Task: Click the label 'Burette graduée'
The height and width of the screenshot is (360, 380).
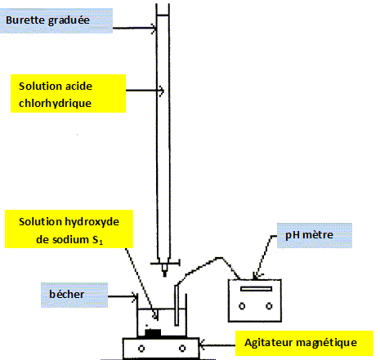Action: coord(47,20)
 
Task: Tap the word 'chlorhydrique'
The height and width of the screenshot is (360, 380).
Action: coord(55,104)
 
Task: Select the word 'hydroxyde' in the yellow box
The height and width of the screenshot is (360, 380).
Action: coord(92,222)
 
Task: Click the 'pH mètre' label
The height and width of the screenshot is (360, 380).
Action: coord(309,235)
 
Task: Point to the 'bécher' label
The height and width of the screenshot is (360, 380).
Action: coord(66,294)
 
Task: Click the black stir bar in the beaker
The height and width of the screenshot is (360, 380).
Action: coord(153,333)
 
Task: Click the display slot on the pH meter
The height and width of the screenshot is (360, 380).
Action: coord(256,289)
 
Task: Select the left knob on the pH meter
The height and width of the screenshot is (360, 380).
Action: coord(242,306)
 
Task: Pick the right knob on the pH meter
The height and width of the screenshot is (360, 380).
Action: coord(269,306)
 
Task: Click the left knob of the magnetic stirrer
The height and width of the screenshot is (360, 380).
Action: coord(141,349)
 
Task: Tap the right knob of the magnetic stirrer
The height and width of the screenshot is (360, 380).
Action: coord(182,349)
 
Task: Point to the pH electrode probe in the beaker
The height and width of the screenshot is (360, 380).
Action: coord(177,304)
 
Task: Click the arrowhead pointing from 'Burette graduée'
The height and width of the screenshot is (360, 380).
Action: coord(154,28)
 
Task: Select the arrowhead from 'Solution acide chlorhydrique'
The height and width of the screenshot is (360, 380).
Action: coord(161,91)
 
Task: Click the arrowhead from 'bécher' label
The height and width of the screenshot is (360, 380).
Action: coord(135,296)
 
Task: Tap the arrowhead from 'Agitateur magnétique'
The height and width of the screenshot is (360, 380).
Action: coord(202,345)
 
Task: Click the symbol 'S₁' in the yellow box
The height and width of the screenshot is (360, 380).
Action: coord(97,240)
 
